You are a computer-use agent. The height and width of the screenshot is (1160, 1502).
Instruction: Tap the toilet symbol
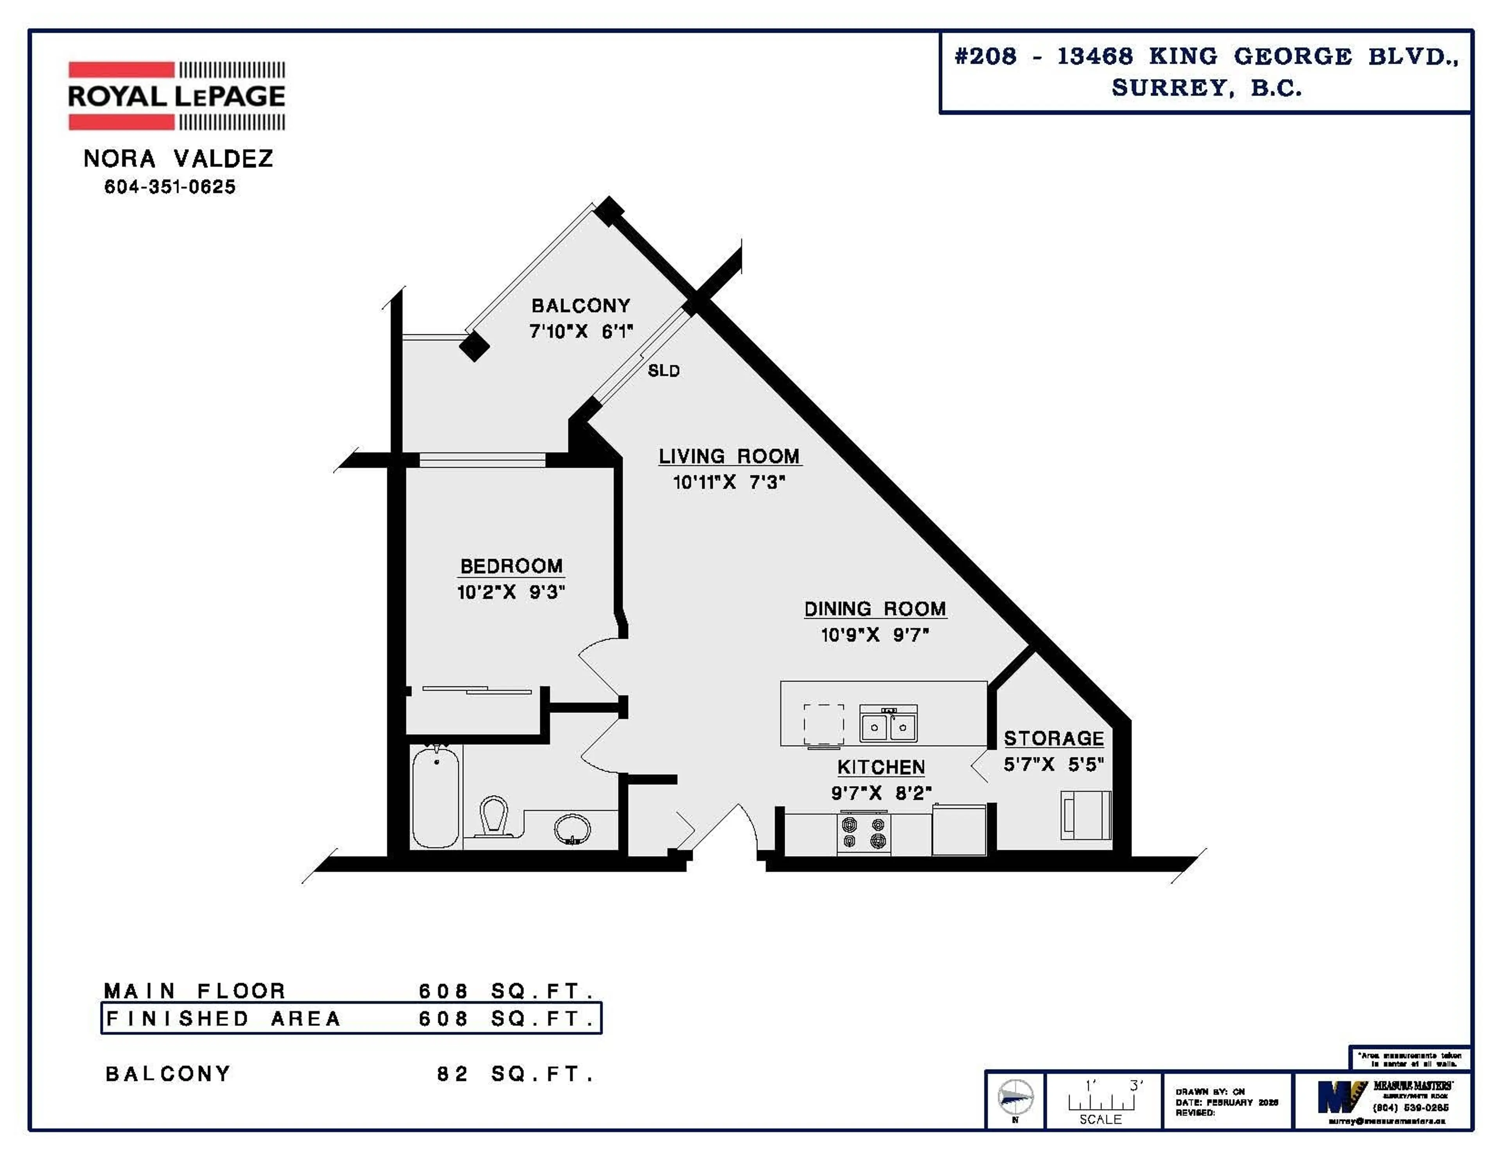493,816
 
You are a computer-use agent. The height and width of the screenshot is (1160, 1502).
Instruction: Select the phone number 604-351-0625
170,187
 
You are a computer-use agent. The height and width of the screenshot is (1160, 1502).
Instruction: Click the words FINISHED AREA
223,1018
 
